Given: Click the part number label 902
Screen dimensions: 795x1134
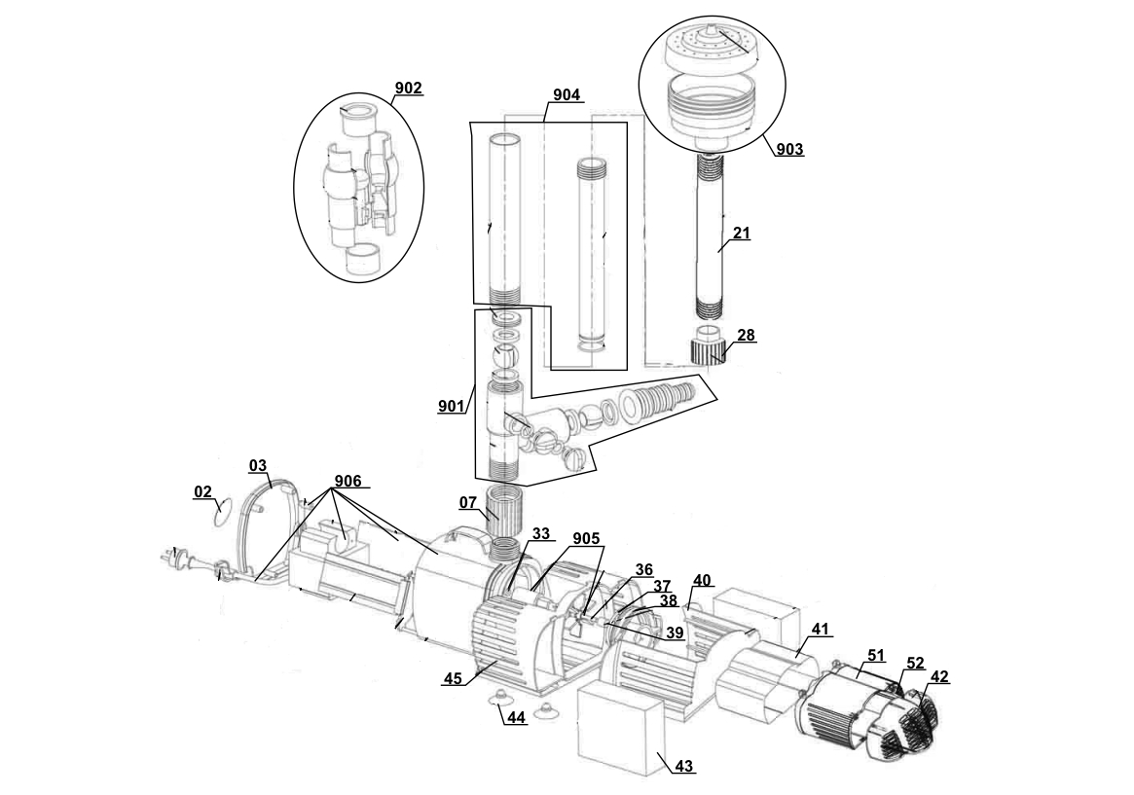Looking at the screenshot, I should click(x=409, y=89).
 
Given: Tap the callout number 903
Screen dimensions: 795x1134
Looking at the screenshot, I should click(x=790, y=150).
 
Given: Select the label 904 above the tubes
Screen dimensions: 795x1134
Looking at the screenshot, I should click(x=566, y=94).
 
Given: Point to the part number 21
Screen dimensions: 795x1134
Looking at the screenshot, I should click(x=743, y=234).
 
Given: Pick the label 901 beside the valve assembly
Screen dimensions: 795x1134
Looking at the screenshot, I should click(x=451, y=406).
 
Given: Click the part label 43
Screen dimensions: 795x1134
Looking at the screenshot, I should click(x=684, y=767).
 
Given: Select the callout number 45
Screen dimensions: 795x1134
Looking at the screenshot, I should click(x=453, y=679).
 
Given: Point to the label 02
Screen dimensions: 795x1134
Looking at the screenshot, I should click(x=202, y=492).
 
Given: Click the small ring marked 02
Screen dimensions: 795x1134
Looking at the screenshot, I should click(x=224, y=508).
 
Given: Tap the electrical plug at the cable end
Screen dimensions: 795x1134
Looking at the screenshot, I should click(x=175, y=559).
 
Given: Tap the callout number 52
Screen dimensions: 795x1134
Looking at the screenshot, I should click(x=915, y=663).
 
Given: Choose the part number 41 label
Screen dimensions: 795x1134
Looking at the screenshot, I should click(x=820, y=630).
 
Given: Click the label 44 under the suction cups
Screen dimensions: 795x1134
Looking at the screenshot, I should click(x=515, y=717).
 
